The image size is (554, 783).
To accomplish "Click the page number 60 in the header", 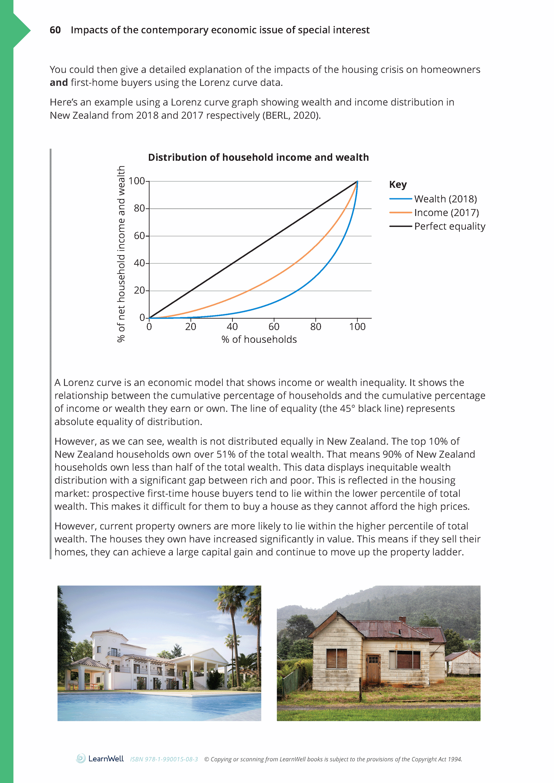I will tap(55, 30).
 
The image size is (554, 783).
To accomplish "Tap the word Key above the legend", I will tap(398, 185).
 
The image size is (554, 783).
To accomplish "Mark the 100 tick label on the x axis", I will tap(357, 327).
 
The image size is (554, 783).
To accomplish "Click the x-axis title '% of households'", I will tap(259, 339).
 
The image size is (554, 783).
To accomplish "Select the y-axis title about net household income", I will tap(121, 254).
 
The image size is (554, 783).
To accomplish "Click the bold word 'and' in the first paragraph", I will tap(59, 82).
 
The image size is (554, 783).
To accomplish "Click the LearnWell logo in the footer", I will tap(100, 759).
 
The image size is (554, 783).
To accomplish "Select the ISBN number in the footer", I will tap(164, 759).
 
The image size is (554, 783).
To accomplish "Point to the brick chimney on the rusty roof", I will tap(403, 619).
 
